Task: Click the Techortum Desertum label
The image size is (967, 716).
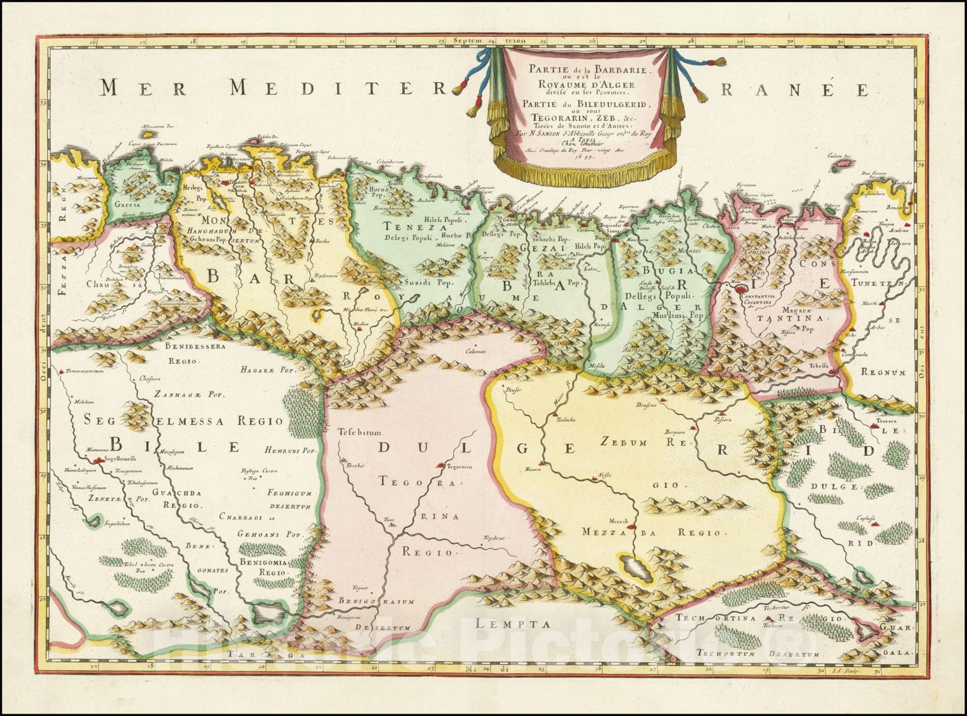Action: (758, 654)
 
